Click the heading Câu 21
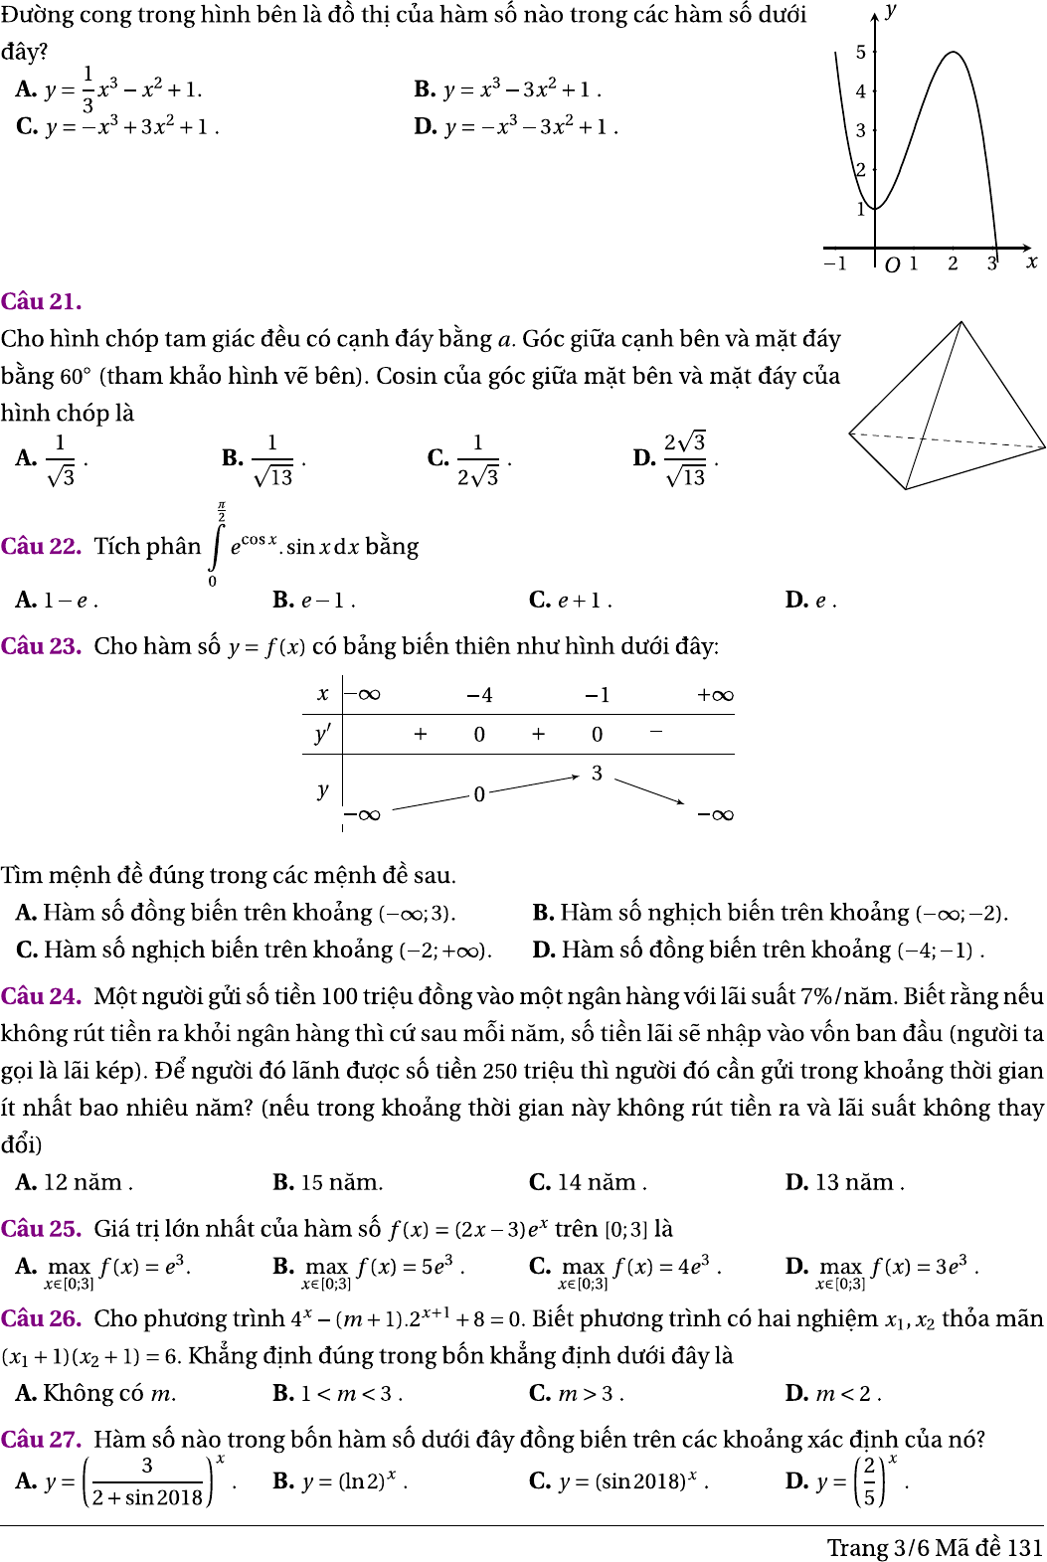click(42, 301)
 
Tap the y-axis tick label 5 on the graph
click(861, 52)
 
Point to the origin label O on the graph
click(892, 264)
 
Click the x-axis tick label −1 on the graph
click(835, 263)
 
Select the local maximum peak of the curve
click(953, 53)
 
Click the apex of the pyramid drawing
click(961, 321)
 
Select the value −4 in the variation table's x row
click(479, 695)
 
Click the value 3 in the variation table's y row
click(597, 773)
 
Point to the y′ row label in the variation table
click(322, 734)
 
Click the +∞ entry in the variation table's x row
click(715, 695)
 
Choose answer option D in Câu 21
click(676, 458)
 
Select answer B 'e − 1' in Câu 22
click(313, 600)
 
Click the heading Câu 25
click(42, 1229)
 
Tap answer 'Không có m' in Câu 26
click(96, 1393)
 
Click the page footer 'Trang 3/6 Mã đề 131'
click(934, 1547)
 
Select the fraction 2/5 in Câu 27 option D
click(869, 1480)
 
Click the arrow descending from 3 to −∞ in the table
click(649, 790)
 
